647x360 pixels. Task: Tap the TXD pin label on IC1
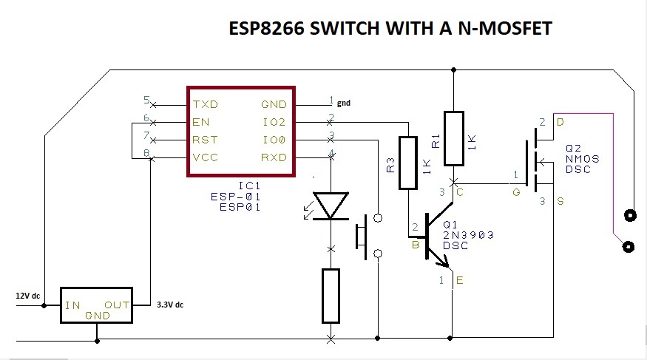click(205, 104)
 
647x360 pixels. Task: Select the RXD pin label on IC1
click(274, 157)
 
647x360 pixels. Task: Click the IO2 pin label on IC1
click(274, 122)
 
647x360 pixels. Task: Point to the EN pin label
click(200, 122)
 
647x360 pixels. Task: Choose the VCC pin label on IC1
click(205, 157)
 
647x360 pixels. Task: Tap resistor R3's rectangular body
click(408, 163)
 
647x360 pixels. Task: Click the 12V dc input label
click(27, 296)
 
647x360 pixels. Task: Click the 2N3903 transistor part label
click(468, 235)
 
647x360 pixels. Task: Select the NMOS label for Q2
click(583, 158)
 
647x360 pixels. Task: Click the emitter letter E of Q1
click(461, 280)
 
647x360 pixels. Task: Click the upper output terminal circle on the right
click(630, 216)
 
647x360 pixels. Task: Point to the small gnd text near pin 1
click(343, 103)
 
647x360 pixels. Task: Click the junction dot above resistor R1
click(453, 70)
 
